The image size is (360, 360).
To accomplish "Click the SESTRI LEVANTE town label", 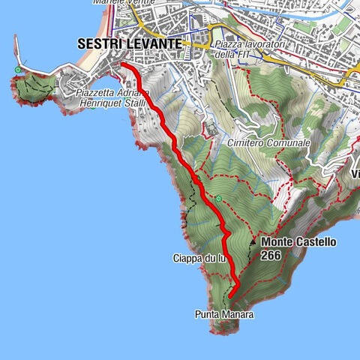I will (x=128, y=44).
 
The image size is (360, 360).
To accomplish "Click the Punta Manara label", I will (x=223, y=315).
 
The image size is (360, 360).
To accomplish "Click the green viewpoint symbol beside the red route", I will (x=217, y=199).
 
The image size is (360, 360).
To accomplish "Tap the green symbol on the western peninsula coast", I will (x=17, y=70).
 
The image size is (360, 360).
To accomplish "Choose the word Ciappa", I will (x=187, y=258).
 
